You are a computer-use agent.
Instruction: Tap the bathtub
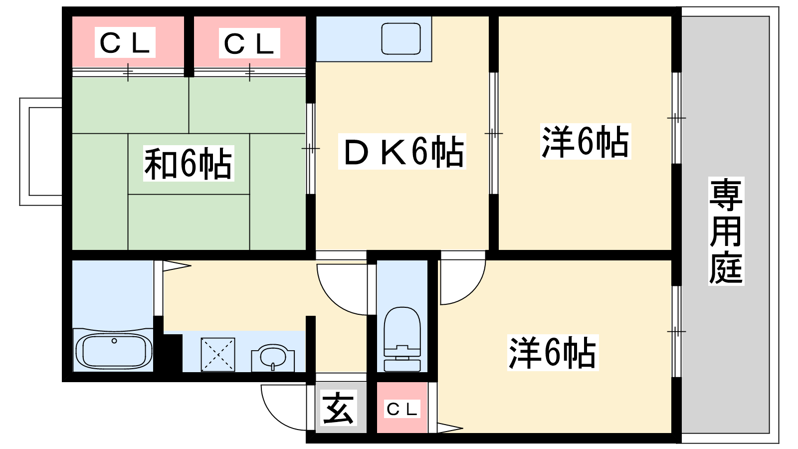(x=114, y=350)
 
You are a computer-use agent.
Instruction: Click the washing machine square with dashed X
(x=217, y=355)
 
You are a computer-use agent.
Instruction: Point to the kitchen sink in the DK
(x=400, y=39)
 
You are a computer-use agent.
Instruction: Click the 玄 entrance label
(x=338, y=408)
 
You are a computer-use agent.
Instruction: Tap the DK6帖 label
(x=402, y=152)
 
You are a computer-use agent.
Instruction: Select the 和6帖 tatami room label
(x=188, y=163)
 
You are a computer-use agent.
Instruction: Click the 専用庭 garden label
(x=726, y=231)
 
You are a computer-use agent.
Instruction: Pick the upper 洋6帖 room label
(x=585, y=142)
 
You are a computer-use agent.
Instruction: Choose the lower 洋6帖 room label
(x=552, y=353)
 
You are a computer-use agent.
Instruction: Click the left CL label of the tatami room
(x=125, y=43)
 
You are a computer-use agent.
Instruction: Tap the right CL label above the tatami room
(x=249, y=43)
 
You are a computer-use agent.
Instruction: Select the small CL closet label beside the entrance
(x=402, y=409)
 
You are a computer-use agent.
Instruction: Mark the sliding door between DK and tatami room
(x=310, y=149)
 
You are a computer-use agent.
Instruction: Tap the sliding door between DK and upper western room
(x=493, y=133)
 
